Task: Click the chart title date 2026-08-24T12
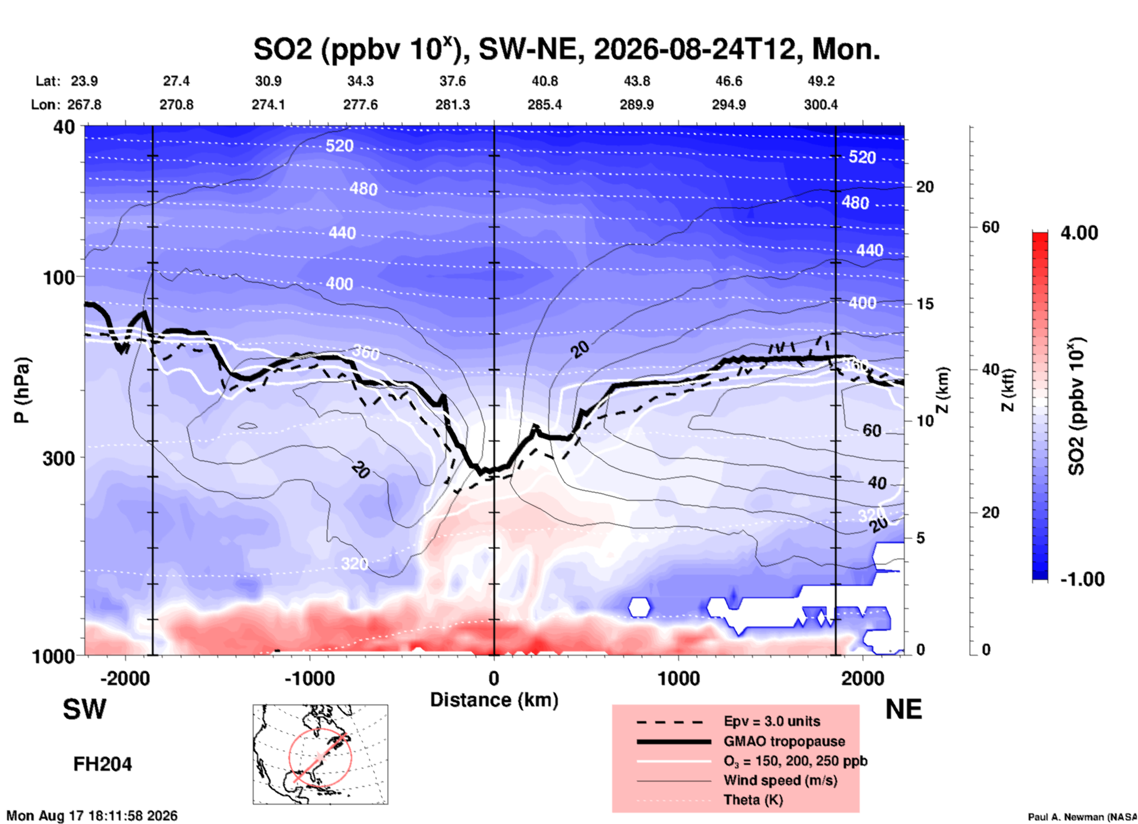[x=695, y=49]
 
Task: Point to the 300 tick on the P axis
[x=59, y=458]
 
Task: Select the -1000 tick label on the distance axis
[x=310, y=679]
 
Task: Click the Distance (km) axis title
[x=494, y=700]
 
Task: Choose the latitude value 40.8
[x=545, y=81]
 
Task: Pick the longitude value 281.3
[x=453, y=105]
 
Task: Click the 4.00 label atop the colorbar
[x=1079, y=233]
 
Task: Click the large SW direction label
[x=84, y=709]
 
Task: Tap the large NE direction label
[x=903, y=709]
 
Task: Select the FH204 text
[x=103, y=765]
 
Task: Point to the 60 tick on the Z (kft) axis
[x=990, y=227]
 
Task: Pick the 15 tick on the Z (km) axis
[x=925, y=304]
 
